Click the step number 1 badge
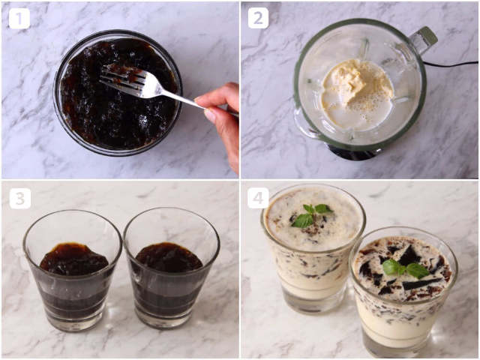coord(19,18)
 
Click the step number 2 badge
coord(258,18)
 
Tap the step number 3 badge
coord(20,199)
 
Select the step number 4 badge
coord(258,198)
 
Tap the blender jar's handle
coord(424,40)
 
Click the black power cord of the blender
coord(451,64)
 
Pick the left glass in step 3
coord(73,270)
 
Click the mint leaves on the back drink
coord(311,215)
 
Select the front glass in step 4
coord(403,292)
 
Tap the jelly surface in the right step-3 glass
coord(169,257)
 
